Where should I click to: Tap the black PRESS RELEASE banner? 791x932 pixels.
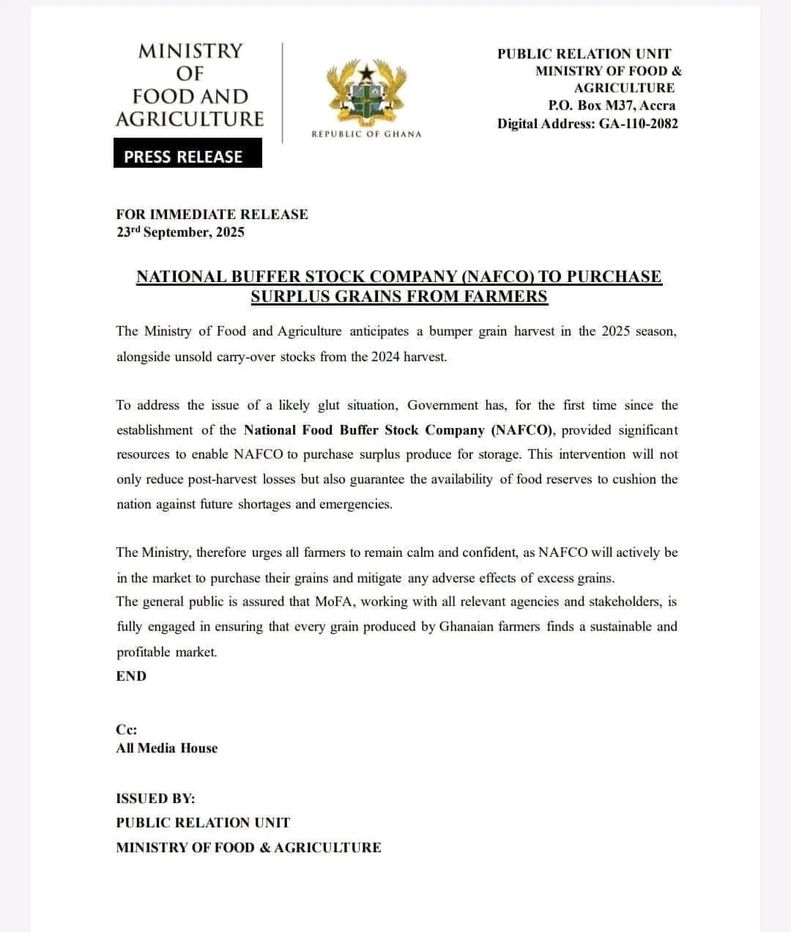(187, 157)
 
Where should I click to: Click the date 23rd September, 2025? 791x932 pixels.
(180, 232)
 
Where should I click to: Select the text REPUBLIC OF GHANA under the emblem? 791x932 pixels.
(366, 134)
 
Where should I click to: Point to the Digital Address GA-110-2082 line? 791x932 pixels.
(587, 124)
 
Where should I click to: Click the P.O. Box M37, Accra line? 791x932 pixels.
(612, 106)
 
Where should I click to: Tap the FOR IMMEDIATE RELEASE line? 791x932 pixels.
(212, 215)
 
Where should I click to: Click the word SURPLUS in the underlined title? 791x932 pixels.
(286, 297)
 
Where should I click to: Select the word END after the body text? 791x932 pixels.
(131, 676)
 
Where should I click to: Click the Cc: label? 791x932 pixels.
(126, 730)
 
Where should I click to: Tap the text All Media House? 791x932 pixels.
(166, 748)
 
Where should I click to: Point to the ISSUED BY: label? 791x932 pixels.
(155, 799)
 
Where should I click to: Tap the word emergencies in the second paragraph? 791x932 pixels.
(355, 504)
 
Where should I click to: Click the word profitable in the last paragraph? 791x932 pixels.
(143, 652)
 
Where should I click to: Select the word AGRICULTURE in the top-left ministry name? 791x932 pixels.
(189, 119)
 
